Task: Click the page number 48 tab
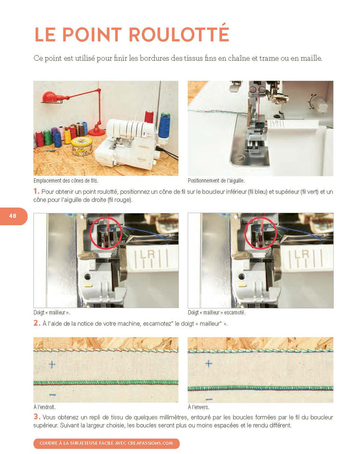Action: (13, 216)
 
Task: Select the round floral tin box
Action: (82, 146)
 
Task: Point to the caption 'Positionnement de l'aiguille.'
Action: (216, 180)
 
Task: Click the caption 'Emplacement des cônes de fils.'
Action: (66, 180)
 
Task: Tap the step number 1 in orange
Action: (36, 191)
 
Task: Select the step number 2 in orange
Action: (37, 323)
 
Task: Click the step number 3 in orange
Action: (37, 417)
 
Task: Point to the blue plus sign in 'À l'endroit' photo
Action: (52, 364)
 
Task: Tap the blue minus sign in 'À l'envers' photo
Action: (209, 399)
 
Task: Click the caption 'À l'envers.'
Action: (199, 407)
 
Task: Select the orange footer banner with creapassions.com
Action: (106, 443)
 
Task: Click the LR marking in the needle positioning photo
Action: (276, 123)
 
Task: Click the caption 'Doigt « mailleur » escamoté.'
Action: (217, 313)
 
